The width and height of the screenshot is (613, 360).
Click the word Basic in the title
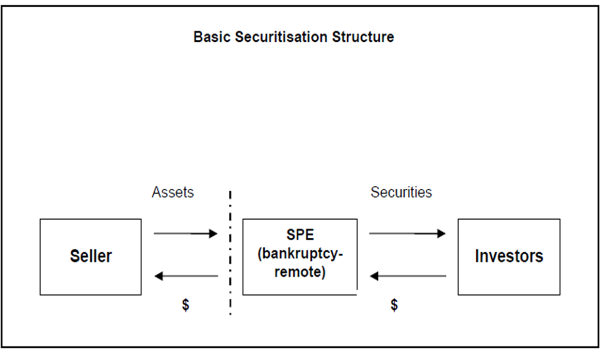212,37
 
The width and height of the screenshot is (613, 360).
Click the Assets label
173,192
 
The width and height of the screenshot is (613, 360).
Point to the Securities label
401,192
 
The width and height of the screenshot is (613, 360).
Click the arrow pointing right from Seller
185,234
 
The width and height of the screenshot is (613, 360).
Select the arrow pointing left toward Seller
186,276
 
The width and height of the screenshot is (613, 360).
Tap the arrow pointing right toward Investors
407,234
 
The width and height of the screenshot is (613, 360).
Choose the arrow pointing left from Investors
408,276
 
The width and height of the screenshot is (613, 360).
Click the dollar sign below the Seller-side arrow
185,306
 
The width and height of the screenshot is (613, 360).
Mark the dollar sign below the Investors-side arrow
394,305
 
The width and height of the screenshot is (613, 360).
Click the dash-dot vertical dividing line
230,252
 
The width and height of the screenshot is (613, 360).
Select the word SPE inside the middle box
300,235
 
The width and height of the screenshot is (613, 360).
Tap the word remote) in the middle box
300,272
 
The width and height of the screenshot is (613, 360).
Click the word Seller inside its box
90,256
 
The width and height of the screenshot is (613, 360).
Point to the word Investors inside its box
509,256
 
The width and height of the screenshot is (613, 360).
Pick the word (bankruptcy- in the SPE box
300,254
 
